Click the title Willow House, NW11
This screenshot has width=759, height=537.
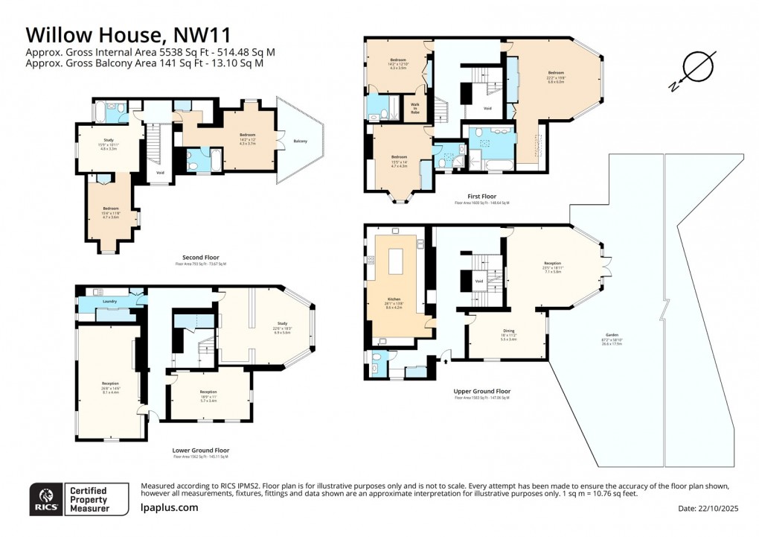128,34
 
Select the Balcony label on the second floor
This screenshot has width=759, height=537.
300,141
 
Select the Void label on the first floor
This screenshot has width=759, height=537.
487,109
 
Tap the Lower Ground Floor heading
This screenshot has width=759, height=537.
201,450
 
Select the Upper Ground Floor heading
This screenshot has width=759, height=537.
481,391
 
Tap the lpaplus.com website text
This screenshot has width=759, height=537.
169,507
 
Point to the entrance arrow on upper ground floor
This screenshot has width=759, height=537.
446,360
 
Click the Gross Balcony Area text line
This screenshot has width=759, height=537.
144,63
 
